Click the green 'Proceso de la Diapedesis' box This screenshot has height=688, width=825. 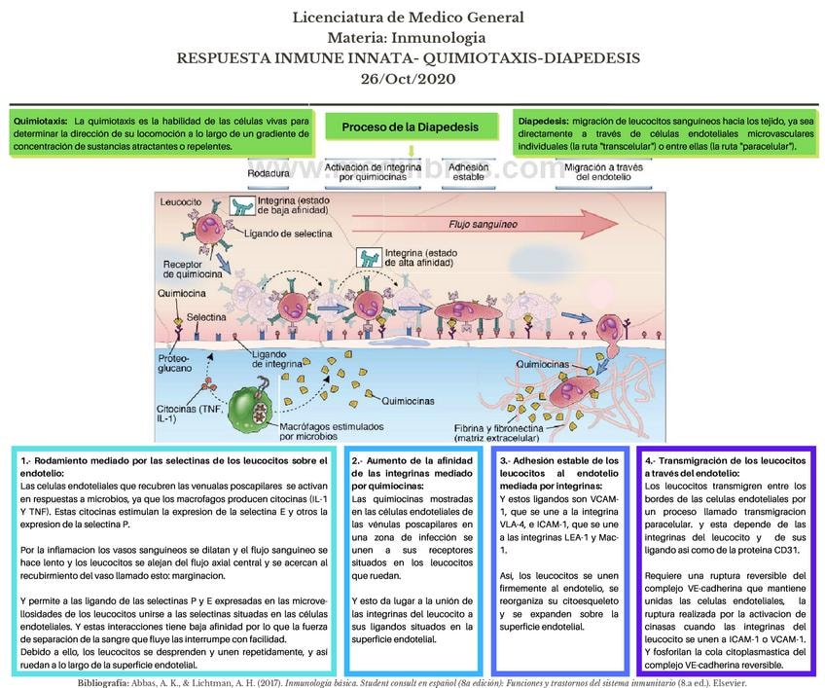[410, 127]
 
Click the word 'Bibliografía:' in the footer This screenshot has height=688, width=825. [111, 681]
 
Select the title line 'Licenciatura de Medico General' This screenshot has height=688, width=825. [408, 17]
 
